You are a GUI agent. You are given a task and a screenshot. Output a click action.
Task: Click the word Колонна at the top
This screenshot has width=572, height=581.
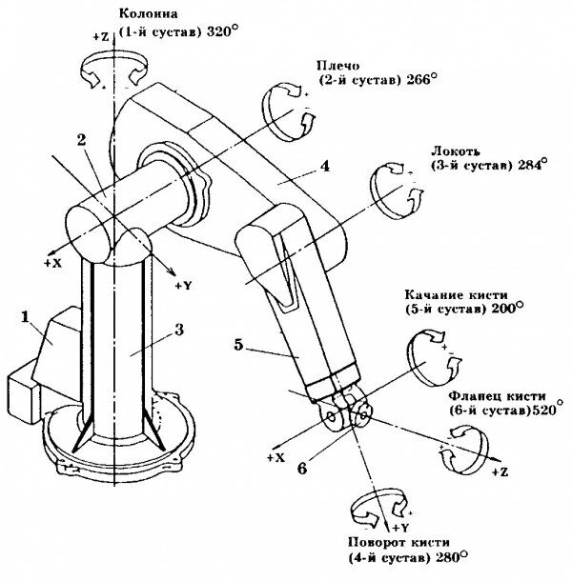click(x=148, y=14)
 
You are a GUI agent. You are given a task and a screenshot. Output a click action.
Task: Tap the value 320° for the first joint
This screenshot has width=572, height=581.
click(x=222, y=31)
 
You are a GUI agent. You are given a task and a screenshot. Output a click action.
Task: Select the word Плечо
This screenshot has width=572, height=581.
click(x=337, y=66)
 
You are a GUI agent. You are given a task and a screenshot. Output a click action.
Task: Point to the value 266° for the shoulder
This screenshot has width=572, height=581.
click(x=421, y=80)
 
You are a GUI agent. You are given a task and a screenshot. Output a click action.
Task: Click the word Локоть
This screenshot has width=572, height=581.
click(x=456, y=151)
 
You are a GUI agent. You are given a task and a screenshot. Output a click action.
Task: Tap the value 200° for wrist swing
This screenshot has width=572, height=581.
click(x=507, y=309)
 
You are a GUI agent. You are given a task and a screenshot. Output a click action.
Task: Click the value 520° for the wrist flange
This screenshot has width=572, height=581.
click(x=547, y=411)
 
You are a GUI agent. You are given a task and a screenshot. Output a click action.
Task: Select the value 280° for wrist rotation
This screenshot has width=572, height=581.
click(x=451, y=557)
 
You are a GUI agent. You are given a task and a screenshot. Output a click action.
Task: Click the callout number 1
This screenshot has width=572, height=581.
click(x=25, y=317)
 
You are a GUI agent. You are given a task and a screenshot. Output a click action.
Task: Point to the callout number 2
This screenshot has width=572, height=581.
click(x=81, y=140)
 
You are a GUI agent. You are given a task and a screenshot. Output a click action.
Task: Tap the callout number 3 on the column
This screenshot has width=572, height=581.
click(x=179, y=330)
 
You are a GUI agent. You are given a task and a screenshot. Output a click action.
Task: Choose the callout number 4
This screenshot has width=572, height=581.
click(x=325, y=166)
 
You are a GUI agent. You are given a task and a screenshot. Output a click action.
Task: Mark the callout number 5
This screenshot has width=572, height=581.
click(x=238, y=345)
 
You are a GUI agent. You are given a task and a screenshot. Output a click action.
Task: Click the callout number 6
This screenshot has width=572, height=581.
click(x=302, y=469)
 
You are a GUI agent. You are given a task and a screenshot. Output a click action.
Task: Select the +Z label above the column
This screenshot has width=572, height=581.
click(x=100, y=36)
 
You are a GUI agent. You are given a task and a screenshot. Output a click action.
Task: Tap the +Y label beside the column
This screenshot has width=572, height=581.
click(x=184, y=286)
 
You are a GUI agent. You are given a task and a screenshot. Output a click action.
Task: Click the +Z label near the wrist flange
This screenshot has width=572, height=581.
click(x=500, y=472)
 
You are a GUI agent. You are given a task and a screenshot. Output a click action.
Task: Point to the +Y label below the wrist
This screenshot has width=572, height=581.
click(x=400, y=528)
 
